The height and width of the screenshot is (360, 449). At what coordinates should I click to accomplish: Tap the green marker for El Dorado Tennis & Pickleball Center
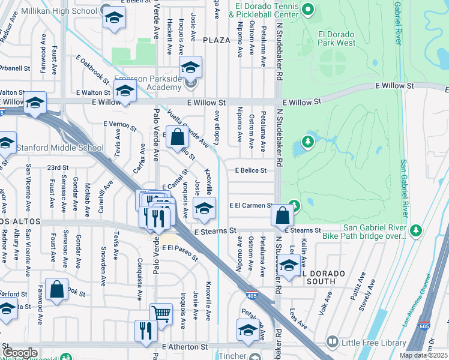point(308,8)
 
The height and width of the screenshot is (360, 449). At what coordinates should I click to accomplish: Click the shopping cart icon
point(161,313)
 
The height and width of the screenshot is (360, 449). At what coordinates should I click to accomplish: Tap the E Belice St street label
point(250,170)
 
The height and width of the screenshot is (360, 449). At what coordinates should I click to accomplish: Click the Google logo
point(20,353)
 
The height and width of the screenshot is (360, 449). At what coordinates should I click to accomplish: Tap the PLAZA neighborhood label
point(217,40)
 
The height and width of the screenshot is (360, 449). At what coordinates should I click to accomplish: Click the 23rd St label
point(58,167)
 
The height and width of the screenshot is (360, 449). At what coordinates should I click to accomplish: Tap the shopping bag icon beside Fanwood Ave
point(56,289)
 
